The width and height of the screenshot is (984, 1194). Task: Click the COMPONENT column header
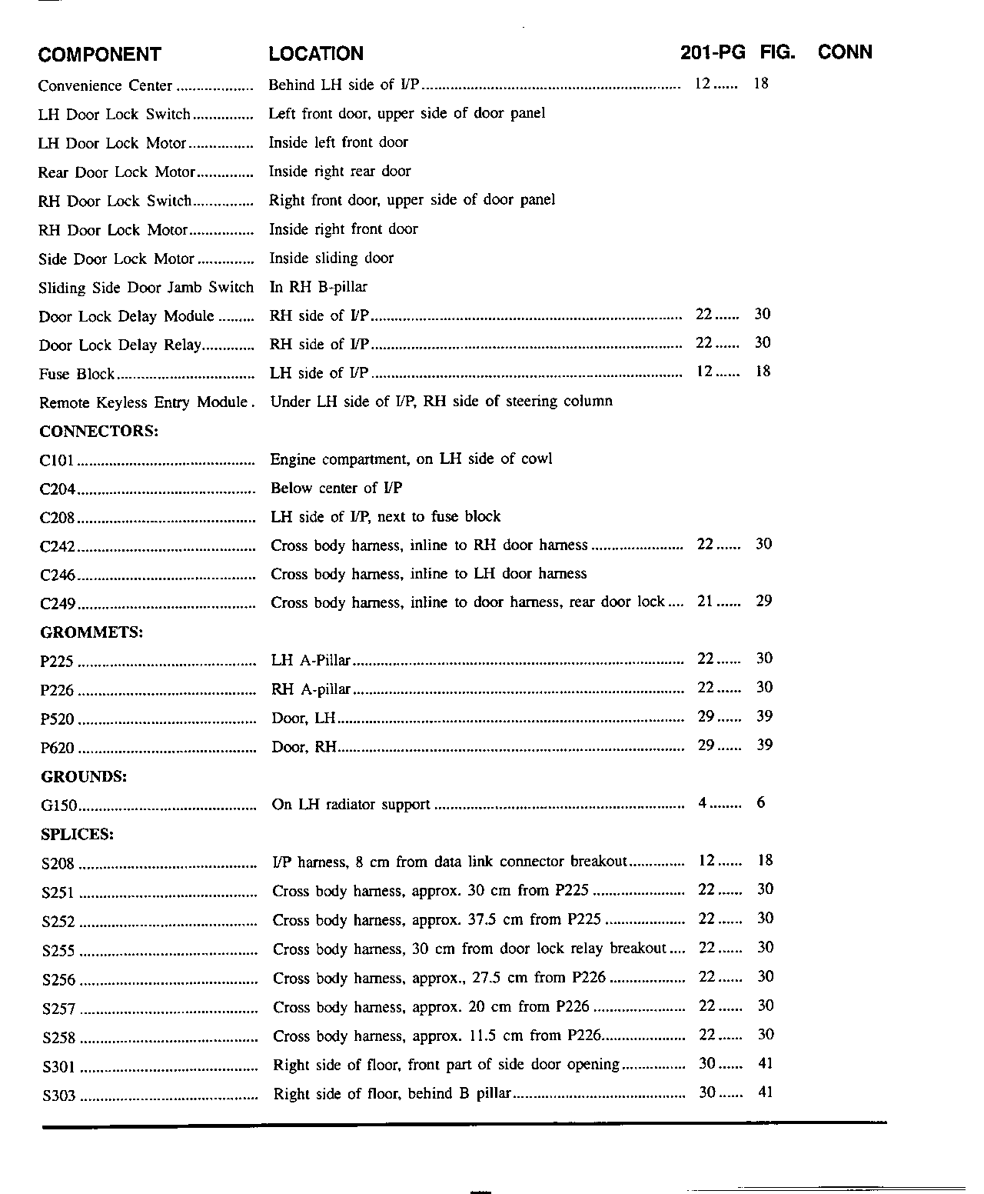click(99, 55)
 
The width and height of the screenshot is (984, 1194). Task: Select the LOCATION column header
click(316, 54)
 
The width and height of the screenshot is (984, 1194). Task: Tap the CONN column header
click(845, 52)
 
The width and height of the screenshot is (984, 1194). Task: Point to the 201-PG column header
click(713, 52)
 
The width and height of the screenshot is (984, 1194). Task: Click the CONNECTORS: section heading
click(99, 431)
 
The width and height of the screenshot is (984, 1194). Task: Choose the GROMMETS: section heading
click(91, 632)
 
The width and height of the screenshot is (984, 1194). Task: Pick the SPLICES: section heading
click(78, 834)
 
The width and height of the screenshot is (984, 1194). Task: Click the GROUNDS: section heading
click(84, 776)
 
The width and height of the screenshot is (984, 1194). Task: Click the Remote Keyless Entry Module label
click(144, 402)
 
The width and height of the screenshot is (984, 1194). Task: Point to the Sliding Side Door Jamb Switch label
click(146, 288)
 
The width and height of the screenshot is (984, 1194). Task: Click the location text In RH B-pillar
click(318, 287)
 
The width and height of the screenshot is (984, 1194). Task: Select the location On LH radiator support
click(351, 805)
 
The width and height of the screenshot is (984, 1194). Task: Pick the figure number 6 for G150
click(761, 803)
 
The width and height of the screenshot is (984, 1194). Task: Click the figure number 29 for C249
click(763, 601)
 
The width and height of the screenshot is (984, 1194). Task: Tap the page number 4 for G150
click(703, 803)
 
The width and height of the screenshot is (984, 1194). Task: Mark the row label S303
click(59, 1095)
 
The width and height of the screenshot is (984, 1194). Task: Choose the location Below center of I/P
click(337, 488)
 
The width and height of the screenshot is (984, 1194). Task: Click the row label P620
click(58, 748)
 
